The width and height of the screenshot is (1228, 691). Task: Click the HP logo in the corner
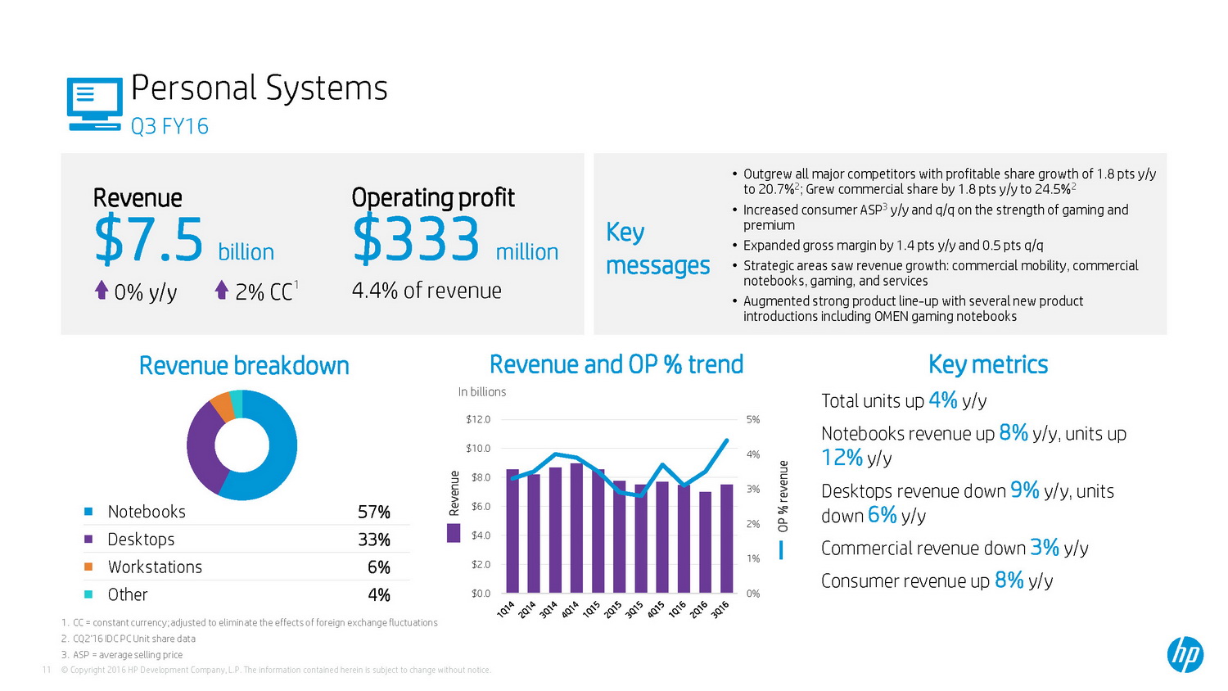point(1185,654)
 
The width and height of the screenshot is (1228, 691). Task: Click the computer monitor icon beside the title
point(94,104)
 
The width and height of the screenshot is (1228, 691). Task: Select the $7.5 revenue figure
point(149,239)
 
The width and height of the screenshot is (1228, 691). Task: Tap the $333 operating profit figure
point(416,239)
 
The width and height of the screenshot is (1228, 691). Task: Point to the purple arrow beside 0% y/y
point(102,290)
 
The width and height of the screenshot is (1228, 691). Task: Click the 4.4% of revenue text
point(427,291)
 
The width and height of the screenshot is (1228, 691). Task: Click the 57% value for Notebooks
point(373,513)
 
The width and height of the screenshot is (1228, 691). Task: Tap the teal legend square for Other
point(88,594)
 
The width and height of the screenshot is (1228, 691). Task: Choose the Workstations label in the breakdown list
point(155,567)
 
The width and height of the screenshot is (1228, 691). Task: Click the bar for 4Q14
point(576,528)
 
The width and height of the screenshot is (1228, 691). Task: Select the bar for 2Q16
point(705,542)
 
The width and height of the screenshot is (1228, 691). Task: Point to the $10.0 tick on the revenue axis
point(478,449)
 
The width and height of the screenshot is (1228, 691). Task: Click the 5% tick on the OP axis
point(753,420)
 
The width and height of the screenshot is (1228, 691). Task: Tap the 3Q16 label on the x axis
point(720,610)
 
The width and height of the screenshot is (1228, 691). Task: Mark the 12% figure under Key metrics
point(842,457)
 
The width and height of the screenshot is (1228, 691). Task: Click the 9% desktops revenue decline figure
point(1024,490)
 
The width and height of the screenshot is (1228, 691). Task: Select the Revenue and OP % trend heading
point(616,364)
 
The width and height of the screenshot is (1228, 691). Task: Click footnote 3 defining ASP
point(122,655)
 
